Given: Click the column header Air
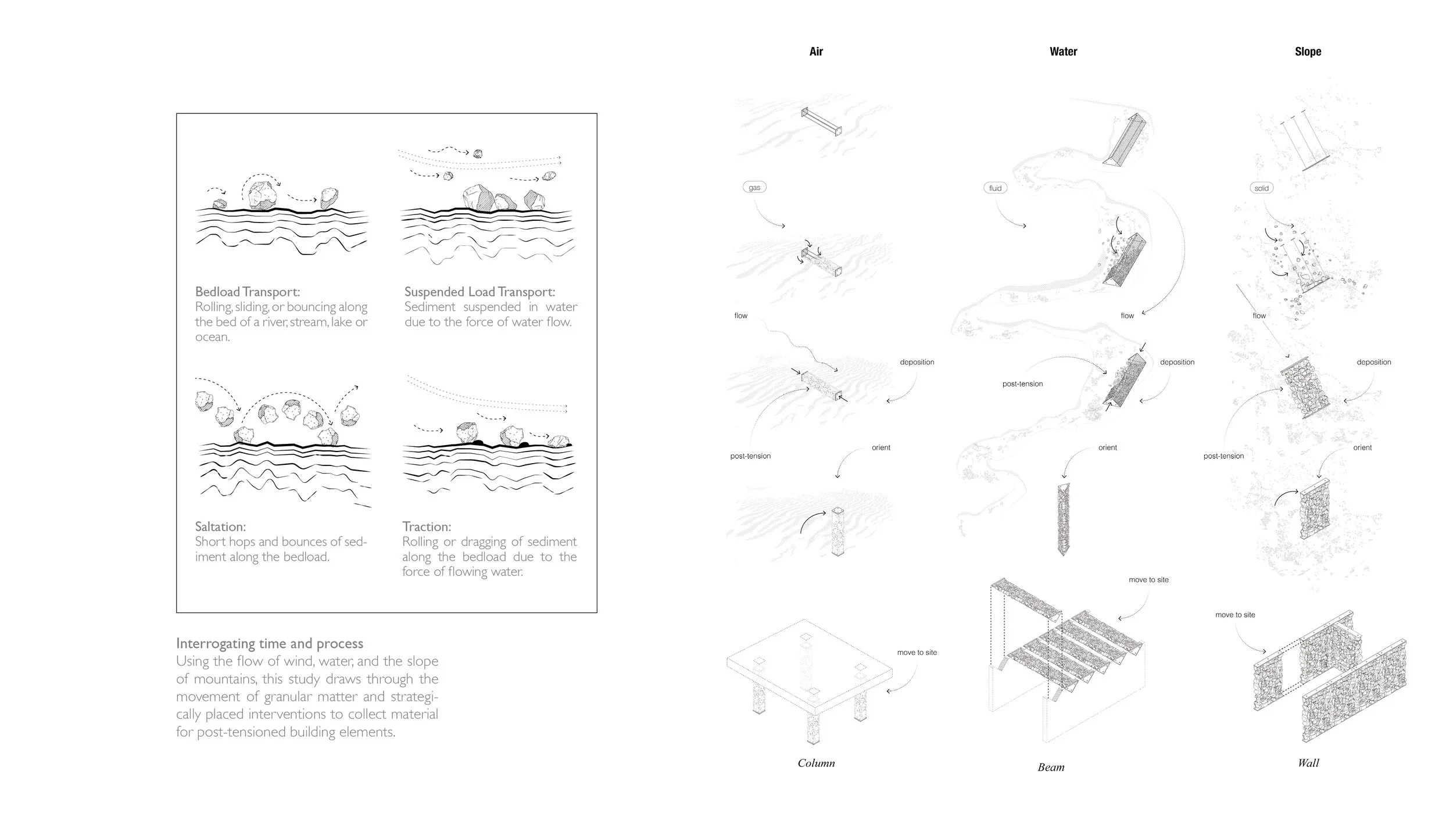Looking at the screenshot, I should coord(816,52).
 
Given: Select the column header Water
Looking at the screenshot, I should coord(1063,52).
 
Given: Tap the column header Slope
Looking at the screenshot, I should coord(1308,52).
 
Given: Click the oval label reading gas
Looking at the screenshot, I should coord(754,187).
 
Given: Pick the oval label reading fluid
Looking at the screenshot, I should coord(995,188).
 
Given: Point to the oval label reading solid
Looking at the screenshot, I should coord(1261,188).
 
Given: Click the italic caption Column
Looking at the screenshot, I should coord(816,763).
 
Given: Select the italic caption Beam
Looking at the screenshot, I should coord(1051,767).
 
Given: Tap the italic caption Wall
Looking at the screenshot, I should coord(1308,763).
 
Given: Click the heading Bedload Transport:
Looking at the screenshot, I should coord(248,292).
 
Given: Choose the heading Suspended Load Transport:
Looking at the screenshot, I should coord(479,292).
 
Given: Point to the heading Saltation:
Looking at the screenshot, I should coord(220,526).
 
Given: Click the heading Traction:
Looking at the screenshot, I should coord(427,526).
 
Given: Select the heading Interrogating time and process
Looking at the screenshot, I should coord(270,643).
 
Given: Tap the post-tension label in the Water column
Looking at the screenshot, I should coord(1022,384).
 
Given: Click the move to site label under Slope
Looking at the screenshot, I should coord(1235,614).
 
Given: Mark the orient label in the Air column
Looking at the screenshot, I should coord(881,447).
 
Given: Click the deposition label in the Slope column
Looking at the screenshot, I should coord(1373,362).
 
